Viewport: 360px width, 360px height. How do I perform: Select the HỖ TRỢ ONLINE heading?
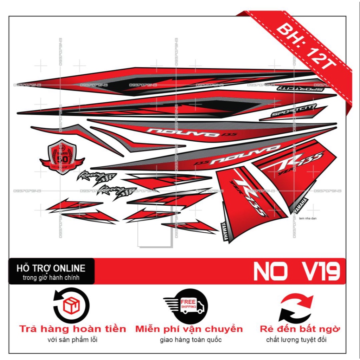click(51, 269)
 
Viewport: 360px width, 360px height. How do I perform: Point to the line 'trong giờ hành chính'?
click(51, 278)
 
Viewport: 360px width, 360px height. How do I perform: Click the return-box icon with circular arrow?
click(71, 305)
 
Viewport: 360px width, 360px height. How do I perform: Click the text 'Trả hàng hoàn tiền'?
click(72, 329)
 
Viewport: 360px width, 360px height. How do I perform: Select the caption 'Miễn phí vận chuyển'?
click(189, 329)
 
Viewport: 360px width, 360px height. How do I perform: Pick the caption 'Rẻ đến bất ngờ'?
click(300, 329)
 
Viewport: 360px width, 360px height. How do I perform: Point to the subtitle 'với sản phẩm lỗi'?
click(72, 340)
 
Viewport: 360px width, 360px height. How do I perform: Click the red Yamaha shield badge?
click(62, 155)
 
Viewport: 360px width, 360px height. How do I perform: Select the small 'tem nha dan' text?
click(307, 218)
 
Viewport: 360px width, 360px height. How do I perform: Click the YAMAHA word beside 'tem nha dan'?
click(301, 206)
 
